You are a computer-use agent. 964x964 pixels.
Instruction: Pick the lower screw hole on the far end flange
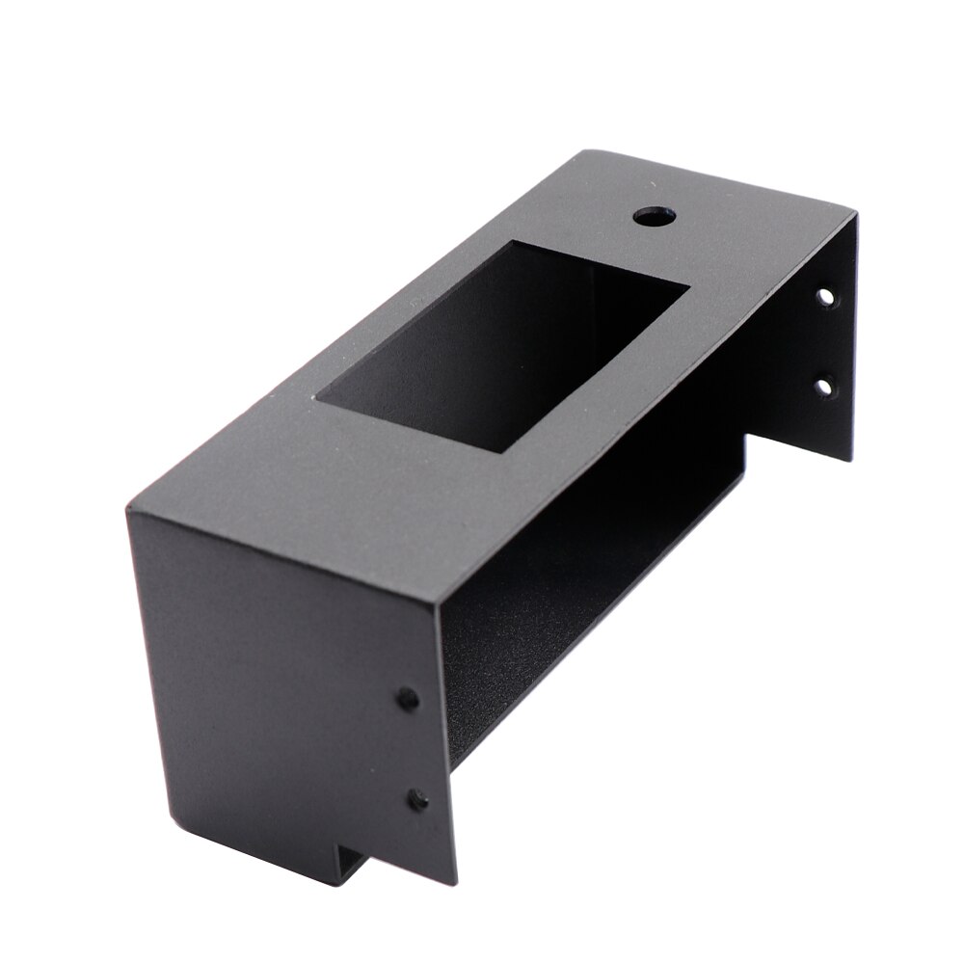pyautogui.click(x=824, y=388)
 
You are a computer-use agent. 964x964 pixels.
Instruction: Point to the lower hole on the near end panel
pyautogui.click(x=416, y=797)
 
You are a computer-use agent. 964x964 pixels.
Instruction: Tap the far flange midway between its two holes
pyautogui.click(x=826, y=343)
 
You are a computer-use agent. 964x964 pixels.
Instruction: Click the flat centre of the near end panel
pyautogui.click(x=280, y=675)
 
